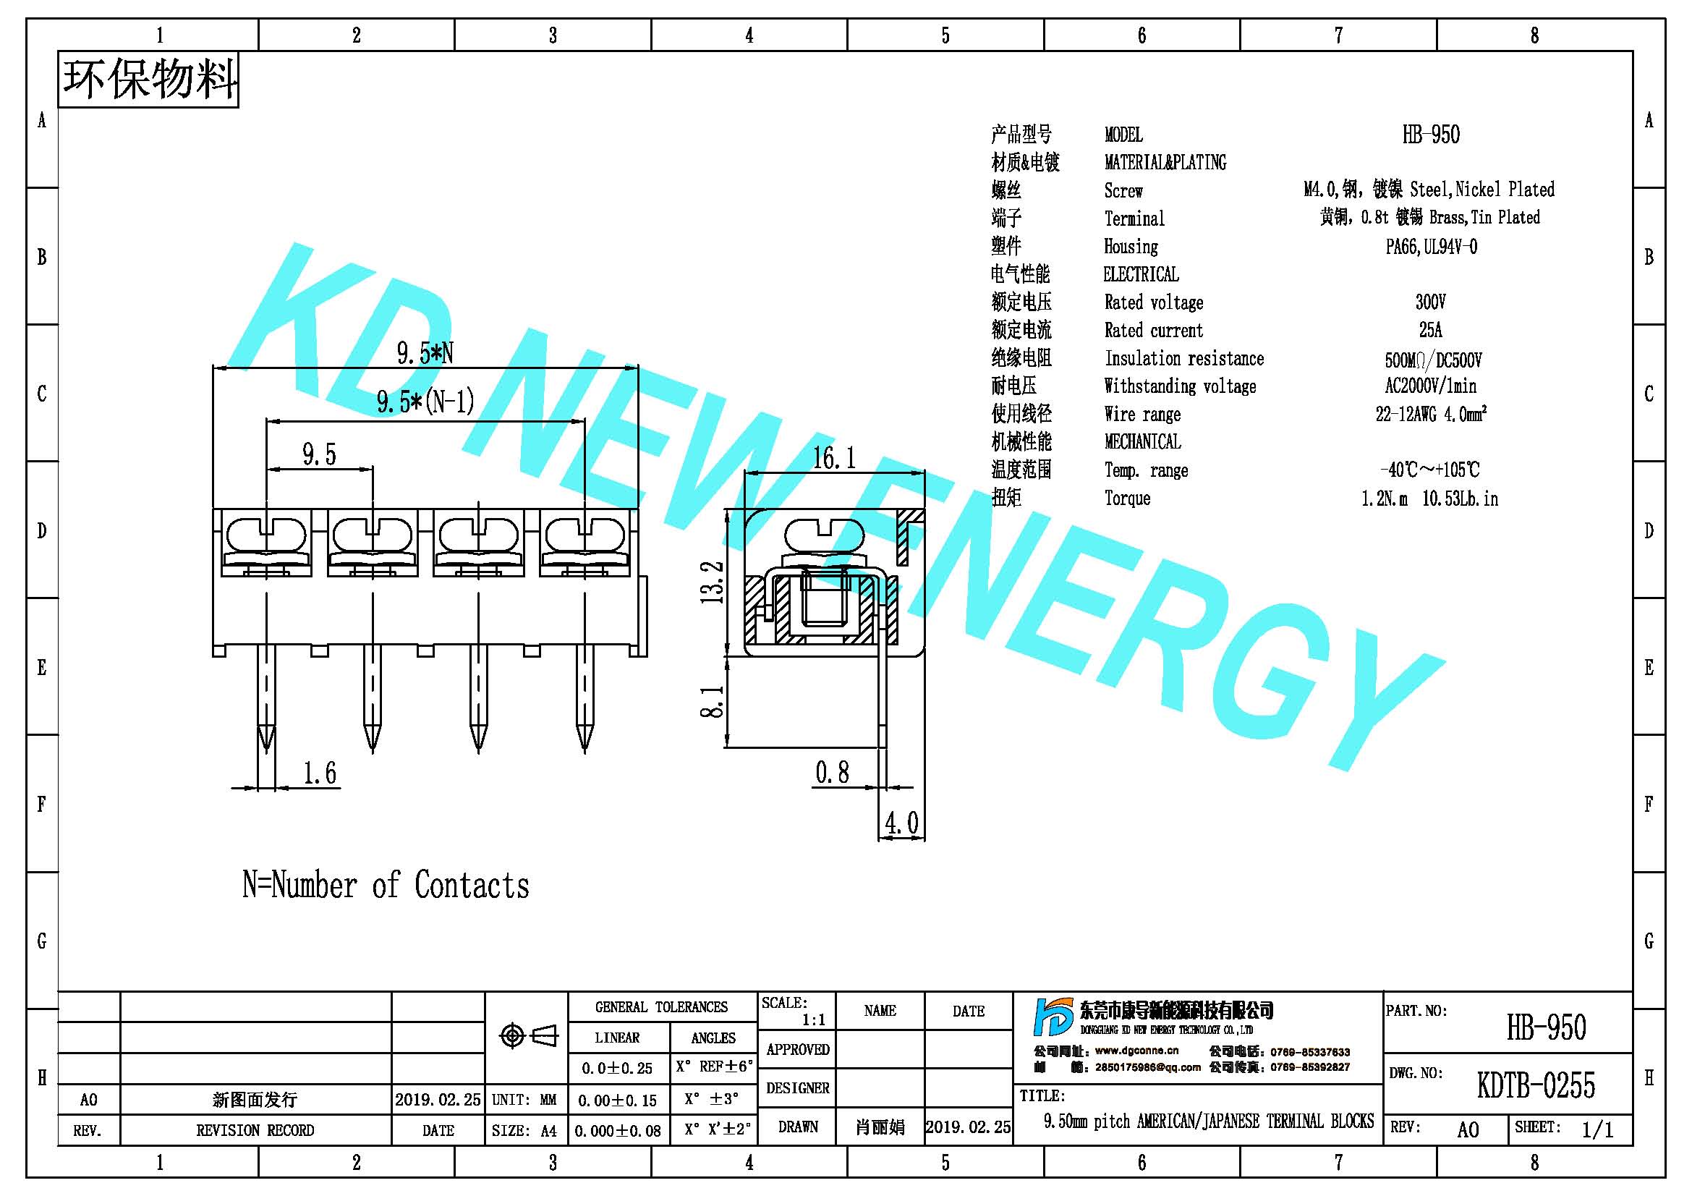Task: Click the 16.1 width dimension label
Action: click(833, 458)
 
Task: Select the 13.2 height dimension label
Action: click(712, 583)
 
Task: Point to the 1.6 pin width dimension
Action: click(320, 773)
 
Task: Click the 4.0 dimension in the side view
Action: click(902, 823)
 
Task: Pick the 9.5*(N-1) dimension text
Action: click(425, 402)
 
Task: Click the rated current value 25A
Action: click(1430, 329)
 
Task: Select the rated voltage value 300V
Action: click(1430, 302)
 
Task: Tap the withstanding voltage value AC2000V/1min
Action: click(1430, 386)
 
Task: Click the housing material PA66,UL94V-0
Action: click(1431, 246)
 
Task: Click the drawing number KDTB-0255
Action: click(1536, 1085)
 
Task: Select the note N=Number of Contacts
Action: click(386, 885)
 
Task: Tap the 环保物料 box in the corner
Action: click(148, 80)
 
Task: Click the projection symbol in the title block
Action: click(528, 1036)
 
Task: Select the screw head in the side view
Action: click(825, 534)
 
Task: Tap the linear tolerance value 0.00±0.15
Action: click(617, 1100)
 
